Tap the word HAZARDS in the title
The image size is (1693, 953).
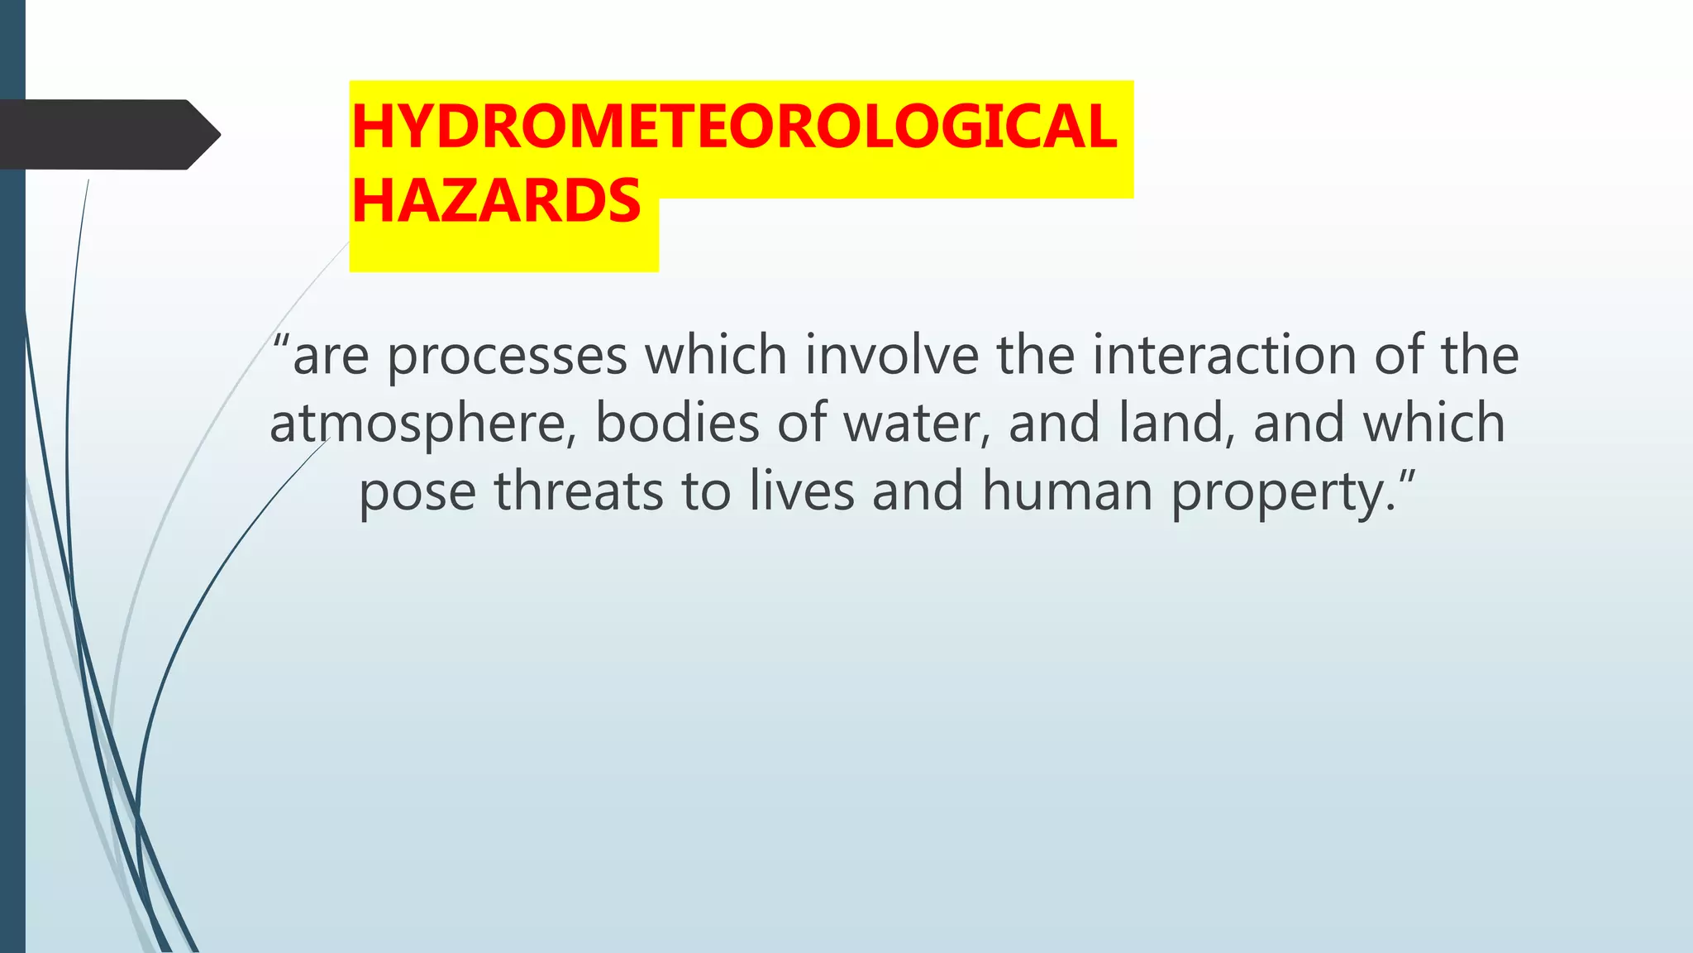496,201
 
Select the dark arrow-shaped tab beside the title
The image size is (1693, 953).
107,134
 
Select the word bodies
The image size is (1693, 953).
677,424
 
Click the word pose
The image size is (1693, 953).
417,491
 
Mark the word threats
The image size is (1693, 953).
579,491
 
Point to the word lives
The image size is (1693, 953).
801,491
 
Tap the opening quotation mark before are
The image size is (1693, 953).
281,342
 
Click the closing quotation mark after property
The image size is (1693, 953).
1405,477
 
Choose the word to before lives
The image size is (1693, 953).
707,491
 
